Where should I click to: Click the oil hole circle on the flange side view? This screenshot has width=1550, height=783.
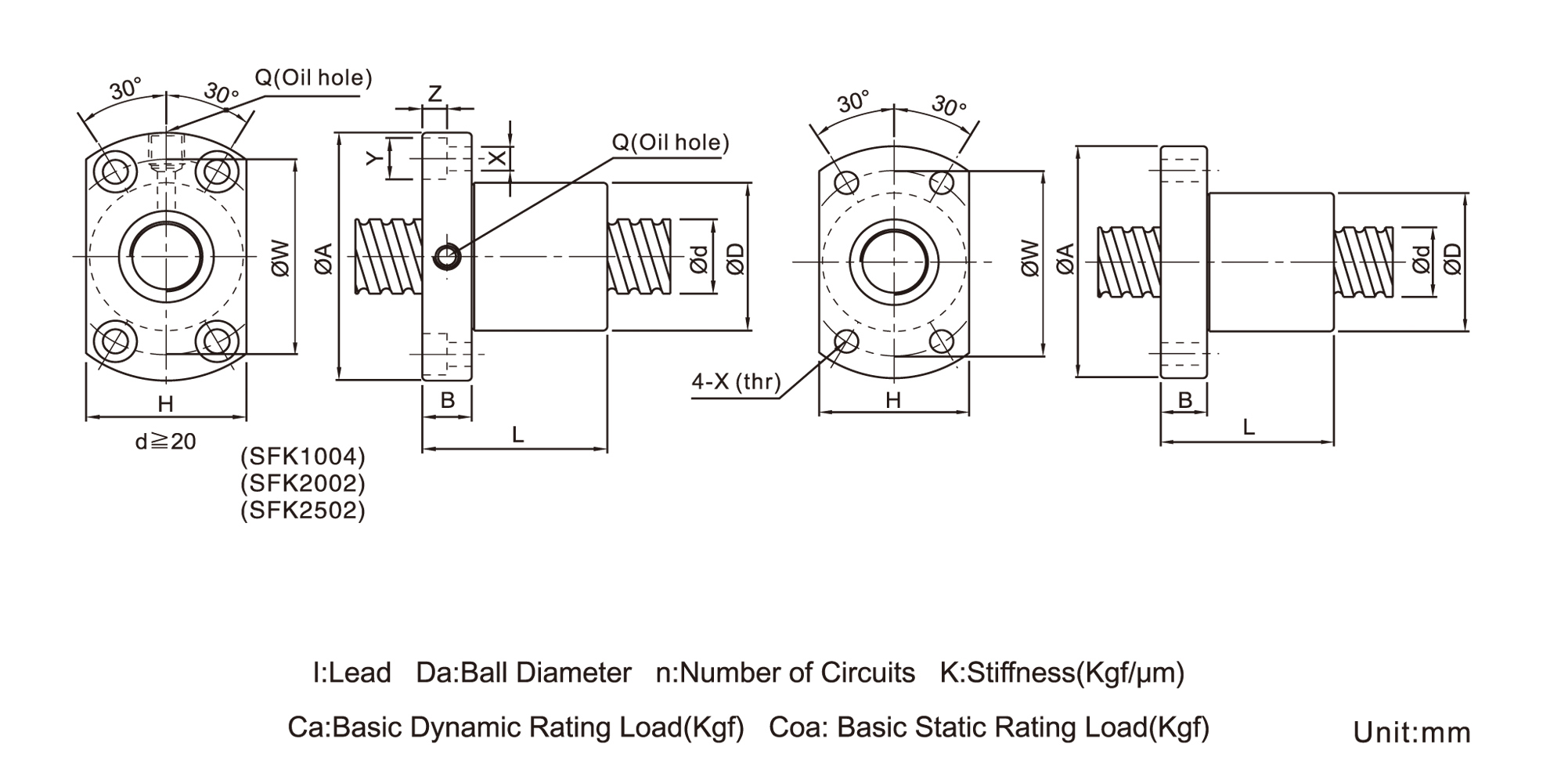(448, 256)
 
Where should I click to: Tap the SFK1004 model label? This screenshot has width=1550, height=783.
(303, 456)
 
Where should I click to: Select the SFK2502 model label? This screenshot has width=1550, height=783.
(303, 511)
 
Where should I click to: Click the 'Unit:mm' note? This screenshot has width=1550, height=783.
(1411, 733)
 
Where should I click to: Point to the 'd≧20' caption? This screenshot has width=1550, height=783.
(165, 442)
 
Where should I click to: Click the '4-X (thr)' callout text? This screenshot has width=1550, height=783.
(736, 382)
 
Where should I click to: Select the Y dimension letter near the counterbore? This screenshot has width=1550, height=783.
(374, 159)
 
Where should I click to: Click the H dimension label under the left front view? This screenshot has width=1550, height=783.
(165, 404)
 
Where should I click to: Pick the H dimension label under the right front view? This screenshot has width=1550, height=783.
(893, 401)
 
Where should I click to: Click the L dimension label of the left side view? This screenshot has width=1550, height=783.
(517, 435)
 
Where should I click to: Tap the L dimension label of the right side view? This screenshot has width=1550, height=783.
(1249, 428)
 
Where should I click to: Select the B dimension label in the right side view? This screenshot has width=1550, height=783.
(1184, 400)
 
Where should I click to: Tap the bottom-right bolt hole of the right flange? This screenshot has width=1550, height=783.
(943, 341)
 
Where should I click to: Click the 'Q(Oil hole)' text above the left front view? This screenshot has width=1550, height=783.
(313, 78)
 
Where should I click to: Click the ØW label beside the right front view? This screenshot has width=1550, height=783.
(1030, 259)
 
